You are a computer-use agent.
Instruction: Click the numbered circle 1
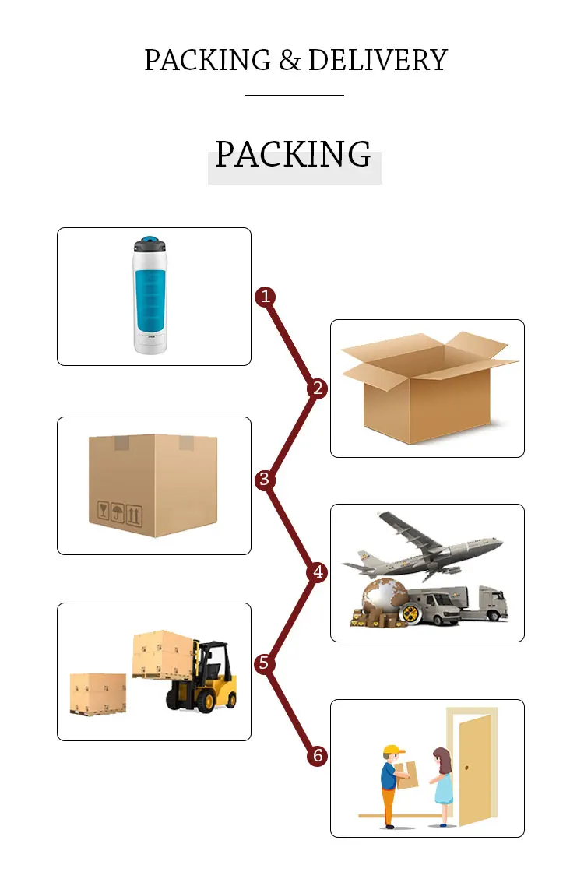point(266,296)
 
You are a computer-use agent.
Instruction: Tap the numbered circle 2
point(317,388)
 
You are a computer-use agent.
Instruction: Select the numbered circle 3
point(265,480)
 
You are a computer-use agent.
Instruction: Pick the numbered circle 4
point(317,572)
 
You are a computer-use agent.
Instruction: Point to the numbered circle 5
point(265,663)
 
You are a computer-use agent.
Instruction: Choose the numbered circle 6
point(317,755)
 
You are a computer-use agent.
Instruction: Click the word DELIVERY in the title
point(378,60)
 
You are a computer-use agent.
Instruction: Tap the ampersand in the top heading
point(290,61)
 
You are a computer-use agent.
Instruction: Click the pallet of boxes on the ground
point(97,694)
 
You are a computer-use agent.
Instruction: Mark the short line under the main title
point(294,95)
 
